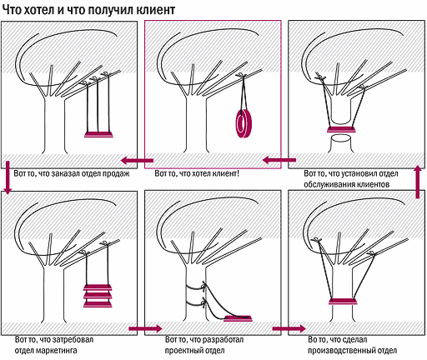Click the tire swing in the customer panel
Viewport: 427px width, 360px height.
point(244,123)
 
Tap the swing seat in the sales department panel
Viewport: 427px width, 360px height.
point(98,135)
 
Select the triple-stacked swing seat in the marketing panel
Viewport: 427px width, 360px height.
point(98,296)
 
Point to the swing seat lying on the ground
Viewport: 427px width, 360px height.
point(239,318)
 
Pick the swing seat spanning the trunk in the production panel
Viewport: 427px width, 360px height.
point(342,301)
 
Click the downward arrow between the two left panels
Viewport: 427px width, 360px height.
point(8,177)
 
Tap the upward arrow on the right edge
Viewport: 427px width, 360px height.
point(418,182)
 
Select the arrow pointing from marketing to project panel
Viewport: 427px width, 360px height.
point(145,328)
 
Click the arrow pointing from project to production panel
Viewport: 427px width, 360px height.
point(289,328)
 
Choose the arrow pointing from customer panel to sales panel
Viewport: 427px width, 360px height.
point(137,160)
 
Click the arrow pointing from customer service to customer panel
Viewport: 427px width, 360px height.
point(279,160)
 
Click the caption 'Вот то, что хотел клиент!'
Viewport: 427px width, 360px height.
point(197,174)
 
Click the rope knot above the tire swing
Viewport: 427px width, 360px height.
point(242,75)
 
